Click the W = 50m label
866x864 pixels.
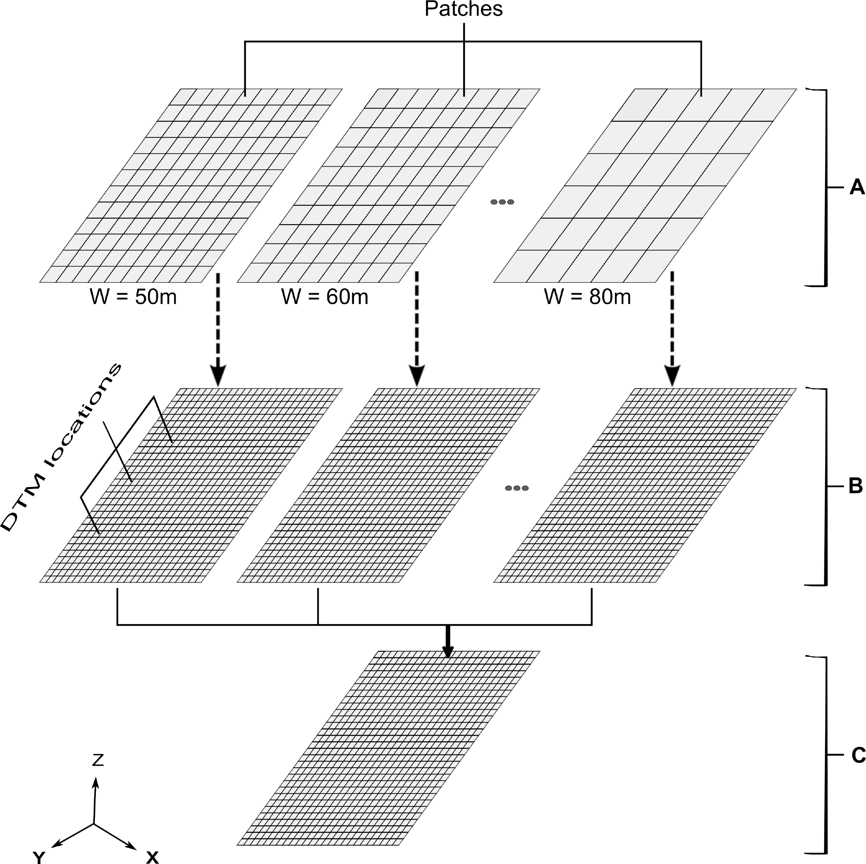point(133,297)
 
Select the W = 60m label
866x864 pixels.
point(325,297)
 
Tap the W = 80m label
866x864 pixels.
point(587,297)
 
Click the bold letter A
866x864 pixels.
point(856,187)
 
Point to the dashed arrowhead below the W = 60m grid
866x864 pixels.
point(417,375)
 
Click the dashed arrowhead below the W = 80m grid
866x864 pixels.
point(672,375)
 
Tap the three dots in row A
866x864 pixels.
point(502,202)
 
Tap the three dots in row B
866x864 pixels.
point(516,488)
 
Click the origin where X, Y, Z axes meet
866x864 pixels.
point(94,823)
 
